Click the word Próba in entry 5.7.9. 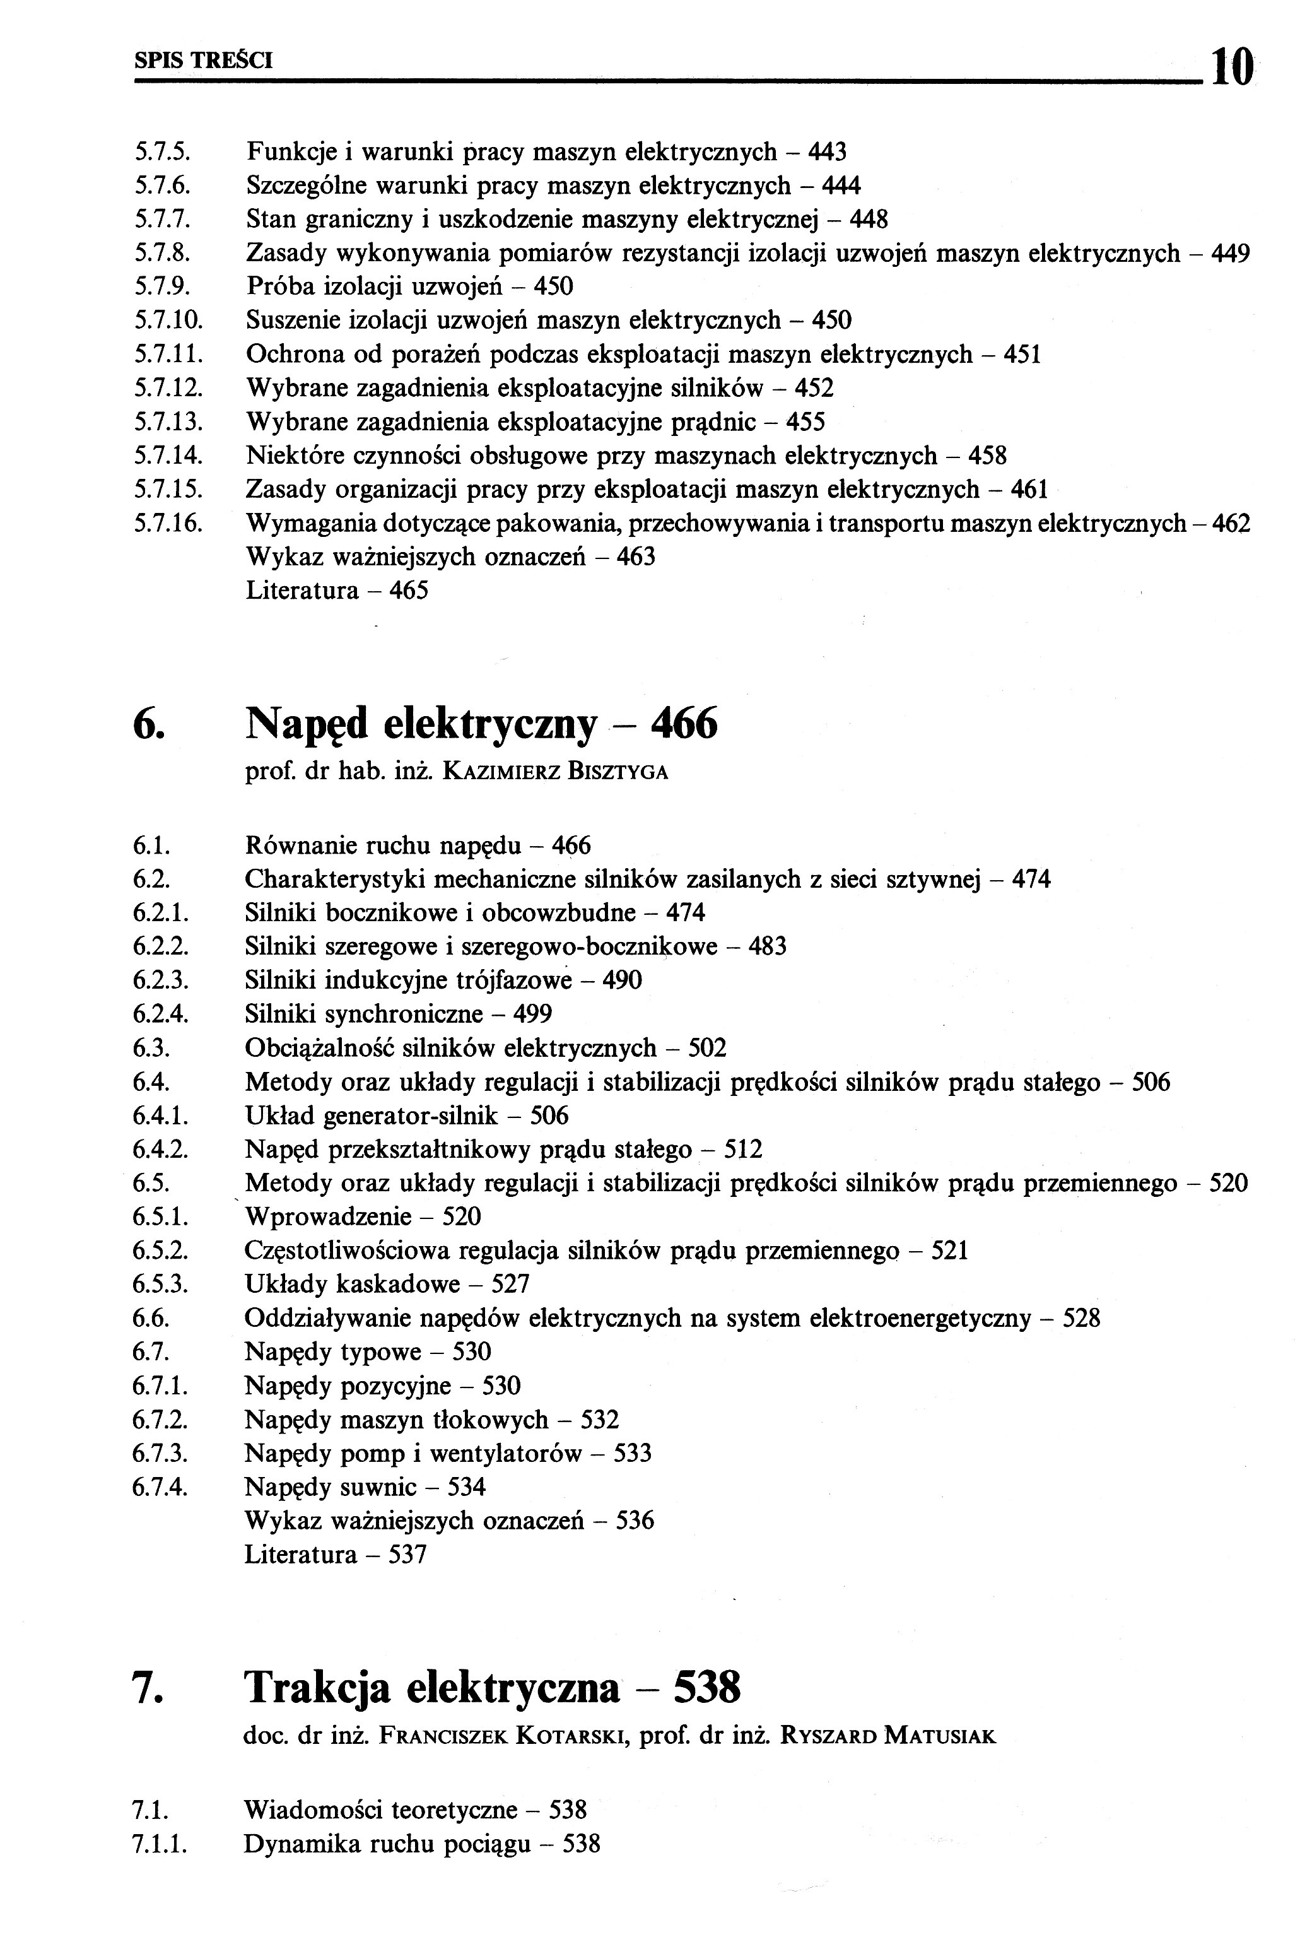click(x=279, y=287)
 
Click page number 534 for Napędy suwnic click(x=466, y=1487)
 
